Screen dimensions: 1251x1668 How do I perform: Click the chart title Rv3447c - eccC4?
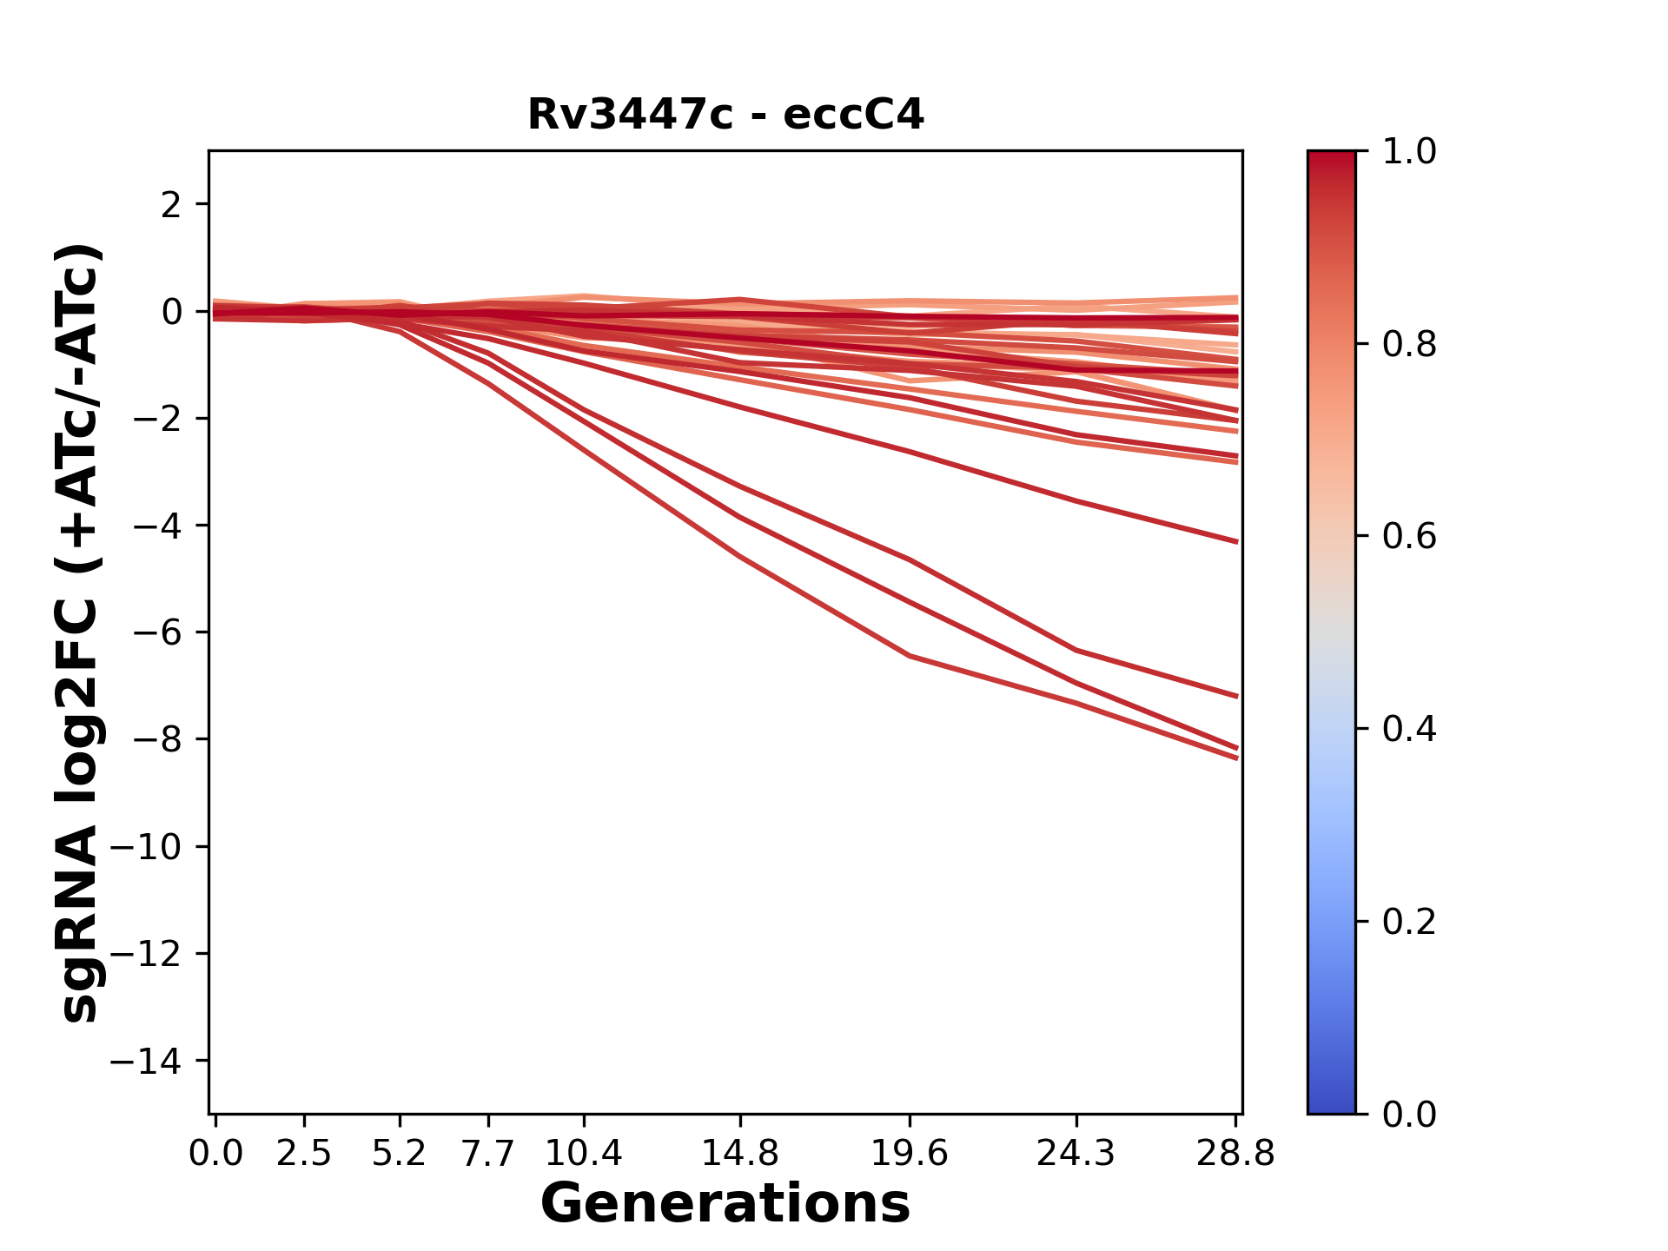coord(725,115)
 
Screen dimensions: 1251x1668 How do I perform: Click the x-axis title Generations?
coord(725,1204)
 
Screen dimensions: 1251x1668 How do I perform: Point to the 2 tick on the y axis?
coord(171,205)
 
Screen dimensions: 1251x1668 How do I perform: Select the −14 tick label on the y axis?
coord(156,1061)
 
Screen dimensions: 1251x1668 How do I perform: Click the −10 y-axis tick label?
coord(156,847)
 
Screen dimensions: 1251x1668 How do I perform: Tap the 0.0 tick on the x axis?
coord(215,1154)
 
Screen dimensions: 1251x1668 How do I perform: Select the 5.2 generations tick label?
coord(400,1154)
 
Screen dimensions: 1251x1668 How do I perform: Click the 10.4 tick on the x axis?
coord(584,1154)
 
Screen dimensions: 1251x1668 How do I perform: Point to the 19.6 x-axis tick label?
coord(910,1154)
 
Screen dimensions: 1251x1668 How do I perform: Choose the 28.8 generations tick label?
coord(1235,1154)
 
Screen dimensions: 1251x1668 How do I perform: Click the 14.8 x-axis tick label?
coord(739,1154)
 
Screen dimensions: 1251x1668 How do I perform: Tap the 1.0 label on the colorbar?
coord(1409,152)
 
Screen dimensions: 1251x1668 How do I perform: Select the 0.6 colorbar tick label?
coord(1409,537)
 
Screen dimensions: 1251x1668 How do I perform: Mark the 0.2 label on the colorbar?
coord(1409,922)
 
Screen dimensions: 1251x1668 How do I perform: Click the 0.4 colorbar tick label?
coord(1409,729)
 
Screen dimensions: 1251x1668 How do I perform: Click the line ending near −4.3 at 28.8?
coord(1236,541)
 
